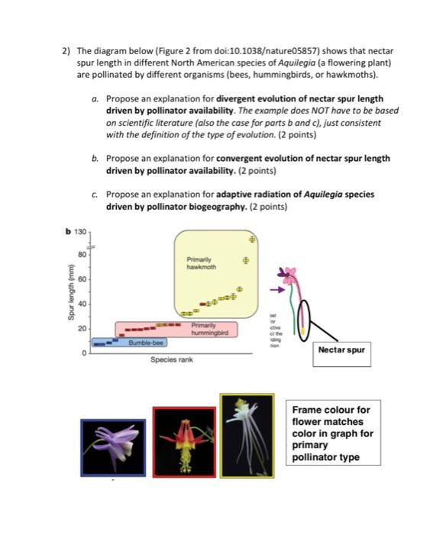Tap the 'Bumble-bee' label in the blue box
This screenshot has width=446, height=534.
(x=147, y=343)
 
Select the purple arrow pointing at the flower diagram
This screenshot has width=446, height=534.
(x=276, y=290)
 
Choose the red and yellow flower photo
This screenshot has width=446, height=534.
(x=184, y=442)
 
